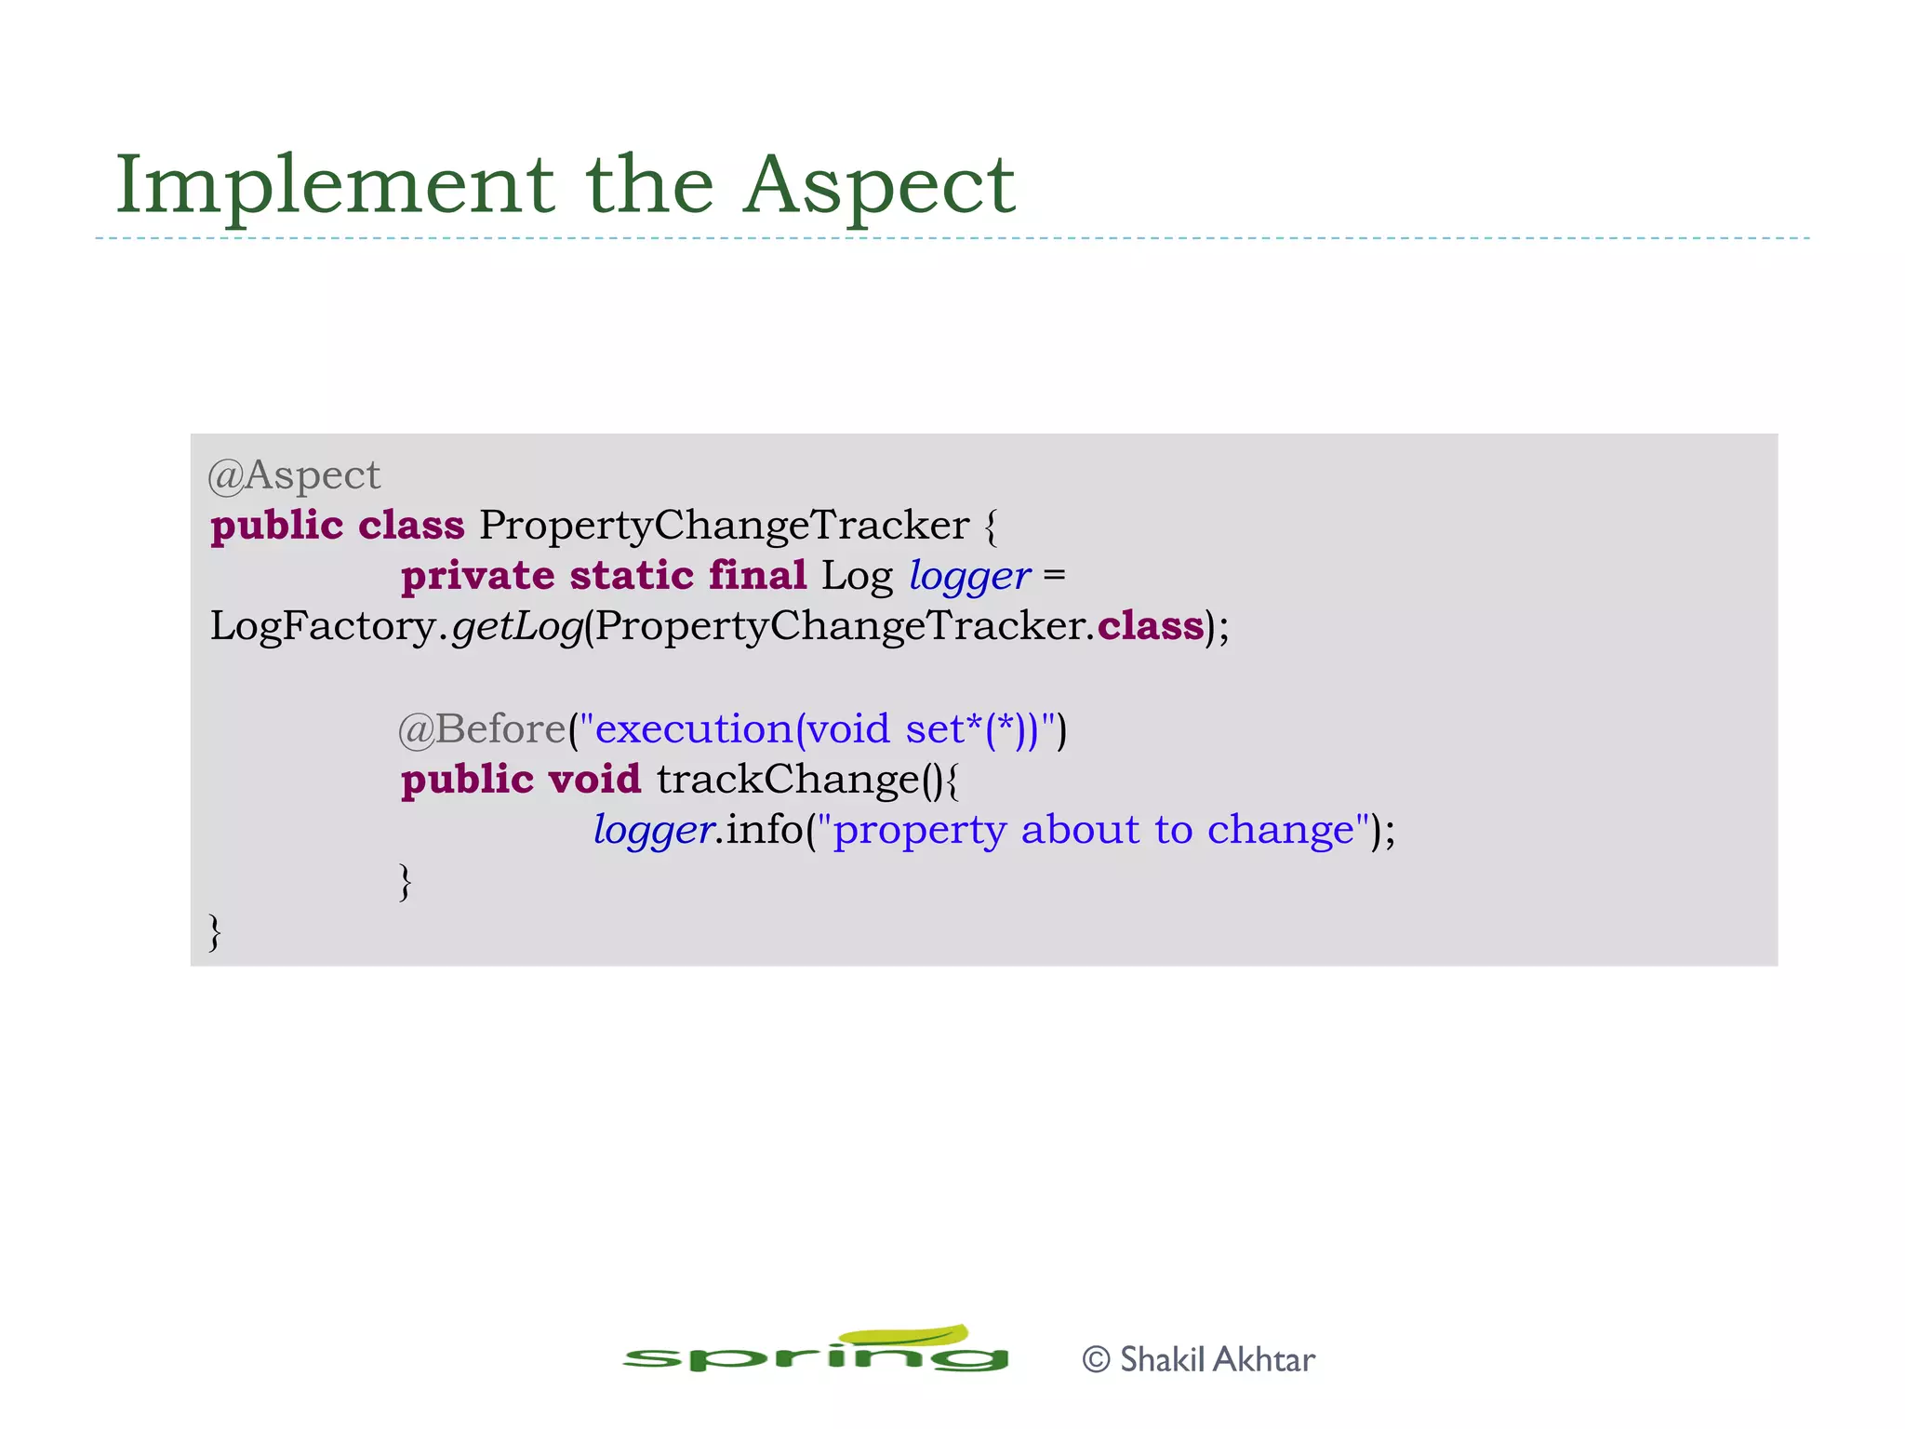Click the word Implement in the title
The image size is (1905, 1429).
tap(335, 186)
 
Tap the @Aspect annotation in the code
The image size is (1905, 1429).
tap(294, 476)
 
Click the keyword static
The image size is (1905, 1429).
tap(632, 576)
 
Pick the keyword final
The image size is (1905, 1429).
tap(757, 575)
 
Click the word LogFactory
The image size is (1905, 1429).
tap(323, 626)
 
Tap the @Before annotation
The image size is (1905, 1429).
tap(482, 729)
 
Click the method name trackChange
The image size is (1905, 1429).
tap(788, 780)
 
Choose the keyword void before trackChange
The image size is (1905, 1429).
tap(594, 780)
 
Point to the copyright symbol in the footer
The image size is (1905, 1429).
tap(1097, 1360)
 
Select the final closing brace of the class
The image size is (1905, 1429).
tap(215, 931)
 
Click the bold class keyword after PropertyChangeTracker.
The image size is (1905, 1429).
tap(1150, 626)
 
